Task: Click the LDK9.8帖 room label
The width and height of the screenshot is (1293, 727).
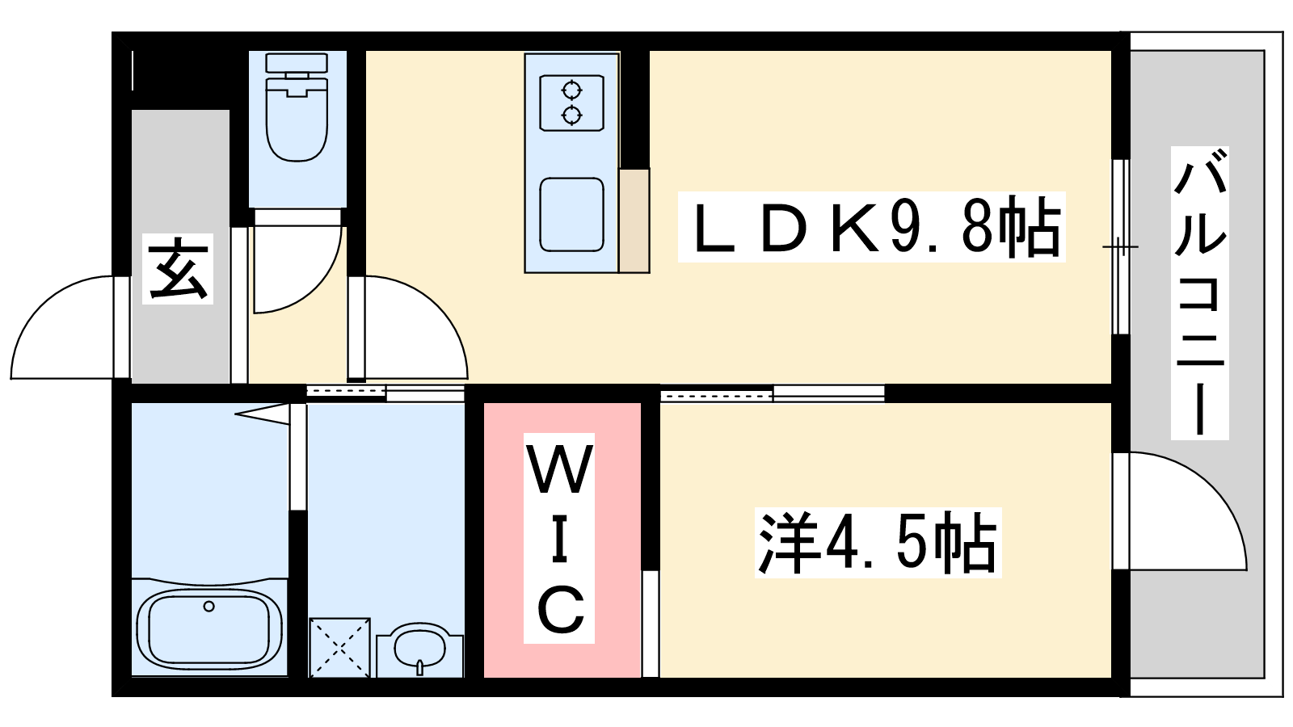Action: pyautogui.click(x=871, y=227)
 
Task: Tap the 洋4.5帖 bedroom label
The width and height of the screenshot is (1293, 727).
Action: pyautogui.click(x=878, y=542)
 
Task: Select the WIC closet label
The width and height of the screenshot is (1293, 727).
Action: pyautogui.click(x=559, y=538)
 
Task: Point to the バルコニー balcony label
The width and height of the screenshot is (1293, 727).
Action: pyautogui.click(x=1200, y=293)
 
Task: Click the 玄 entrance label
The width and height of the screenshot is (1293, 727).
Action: pyautogui.click(x=178, y=269)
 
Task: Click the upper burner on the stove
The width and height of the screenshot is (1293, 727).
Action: pyautogui.click(x=571, y=90)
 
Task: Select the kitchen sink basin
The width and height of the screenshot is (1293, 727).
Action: pyautogui.click(x=571, y=214)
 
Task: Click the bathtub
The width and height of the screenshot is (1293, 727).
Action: pyautogui.click(x=209, y=627)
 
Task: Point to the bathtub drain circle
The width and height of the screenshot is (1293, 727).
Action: pyautogui.click(x=209, y=606)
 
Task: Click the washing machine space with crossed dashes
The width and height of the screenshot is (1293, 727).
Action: pyautogui.click(x=340, y=647)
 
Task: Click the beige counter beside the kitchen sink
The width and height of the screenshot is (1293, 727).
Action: pyautogui.click(x=634, y=220)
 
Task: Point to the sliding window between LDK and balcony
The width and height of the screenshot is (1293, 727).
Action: pyautogui.click(x=1121, y=246)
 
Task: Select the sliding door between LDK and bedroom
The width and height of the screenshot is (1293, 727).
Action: pyautogui.click(x=772, y=394)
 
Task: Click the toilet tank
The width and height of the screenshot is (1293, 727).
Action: pyautogui.click(x=297, y=62)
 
